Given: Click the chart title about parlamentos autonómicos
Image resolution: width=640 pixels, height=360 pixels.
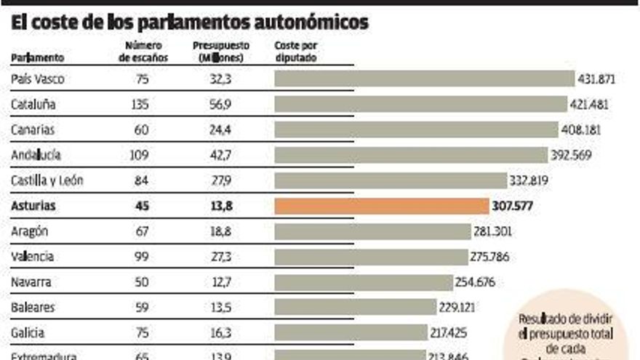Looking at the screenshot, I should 190,23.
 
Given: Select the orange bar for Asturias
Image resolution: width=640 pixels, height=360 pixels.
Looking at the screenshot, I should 381,206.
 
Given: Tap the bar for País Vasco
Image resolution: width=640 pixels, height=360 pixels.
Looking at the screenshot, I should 424,79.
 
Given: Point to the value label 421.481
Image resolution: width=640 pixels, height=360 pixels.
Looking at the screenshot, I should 589,104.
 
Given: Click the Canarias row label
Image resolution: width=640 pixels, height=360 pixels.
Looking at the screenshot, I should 33,129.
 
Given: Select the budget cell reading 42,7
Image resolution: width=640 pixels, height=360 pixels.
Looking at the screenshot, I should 220,155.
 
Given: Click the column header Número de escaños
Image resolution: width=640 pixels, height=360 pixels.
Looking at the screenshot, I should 143,51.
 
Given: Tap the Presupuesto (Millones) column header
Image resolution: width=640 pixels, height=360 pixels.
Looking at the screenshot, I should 220,51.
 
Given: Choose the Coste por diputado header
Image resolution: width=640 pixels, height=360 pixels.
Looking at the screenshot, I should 295,51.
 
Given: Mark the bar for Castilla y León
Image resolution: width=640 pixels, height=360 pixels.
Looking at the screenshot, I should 390,180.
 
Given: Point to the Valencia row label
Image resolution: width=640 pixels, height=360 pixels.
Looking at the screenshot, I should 33,257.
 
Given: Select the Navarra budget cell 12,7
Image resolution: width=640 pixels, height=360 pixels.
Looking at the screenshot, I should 220,282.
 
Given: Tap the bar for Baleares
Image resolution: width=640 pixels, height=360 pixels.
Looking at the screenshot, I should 354,308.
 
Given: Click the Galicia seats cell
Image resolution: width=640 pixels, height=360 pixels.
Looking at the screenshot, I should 143,333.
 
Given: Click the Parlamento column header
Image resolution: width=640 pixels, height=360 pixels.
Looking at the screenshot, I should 38,57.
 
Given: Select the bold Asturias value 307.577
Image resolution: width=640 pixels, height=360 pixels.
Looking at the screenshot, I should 513,206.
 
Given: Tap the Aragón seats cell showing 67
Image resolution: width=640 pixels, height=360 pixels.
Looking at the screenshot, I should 143,231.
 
